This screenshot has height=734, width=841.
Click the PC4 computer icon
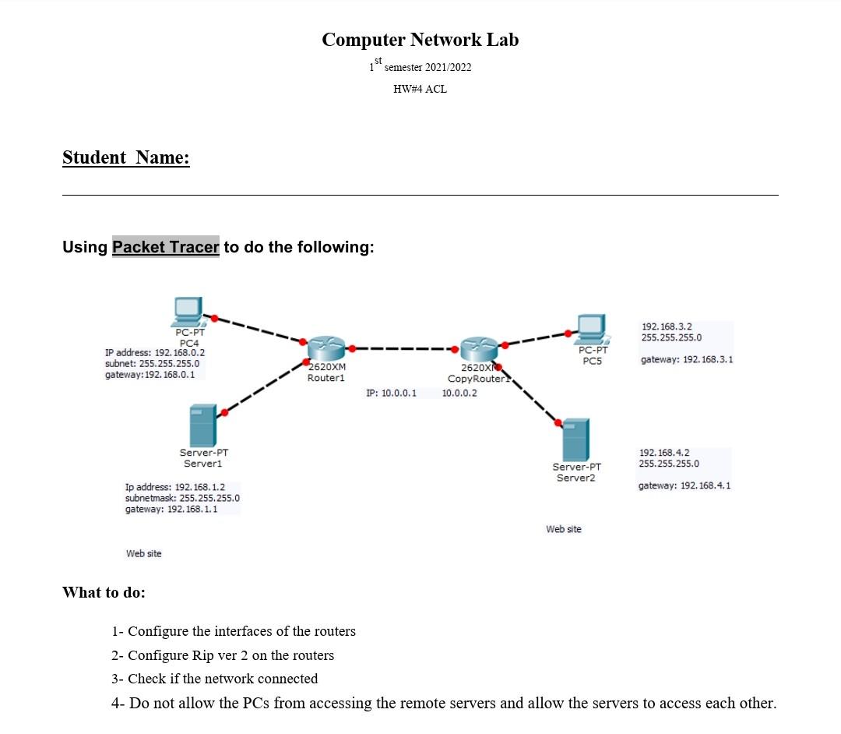click(188, 312)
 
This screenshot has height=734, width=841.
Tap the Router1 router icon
click(326, 350)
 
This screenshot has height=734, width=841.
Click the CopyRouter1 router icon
click(477, 350)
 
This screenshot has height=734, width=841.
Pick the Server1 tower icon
click(203, 425)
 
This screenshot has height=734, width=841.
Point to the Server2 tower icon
click(575, 440)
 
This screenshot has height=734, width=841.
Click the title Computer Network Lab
click(420, 40)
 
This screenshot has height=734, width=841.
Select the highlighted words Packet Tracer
click(166, 247)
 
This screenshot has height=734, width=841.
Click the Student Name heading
click(126, 157)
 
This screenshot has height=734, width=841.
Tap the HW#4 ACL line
click(420, 89)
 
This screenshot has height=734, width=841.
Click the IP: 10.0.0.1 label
click(391, 393)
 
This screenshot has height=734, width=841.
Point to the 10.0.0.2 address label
click(459, 393)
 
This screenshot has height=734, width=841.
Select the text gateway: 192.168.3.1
click(686, 360)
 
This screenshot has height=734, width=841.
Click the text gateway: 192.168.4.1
click(684, 485)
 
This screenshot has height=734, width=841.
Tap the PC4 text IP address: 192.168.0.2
click(155, 353)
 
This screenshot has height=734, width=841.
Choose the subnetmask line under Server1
click(182, 498)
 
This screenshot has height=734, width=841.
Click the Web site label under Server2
click(564, 529)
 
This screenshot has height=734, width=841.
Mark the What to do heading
click(104, 592)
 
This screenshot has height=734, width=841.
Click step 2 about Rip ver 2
click(223, 655)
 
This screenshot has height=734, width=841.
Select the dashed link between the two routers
click(402, 349)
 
